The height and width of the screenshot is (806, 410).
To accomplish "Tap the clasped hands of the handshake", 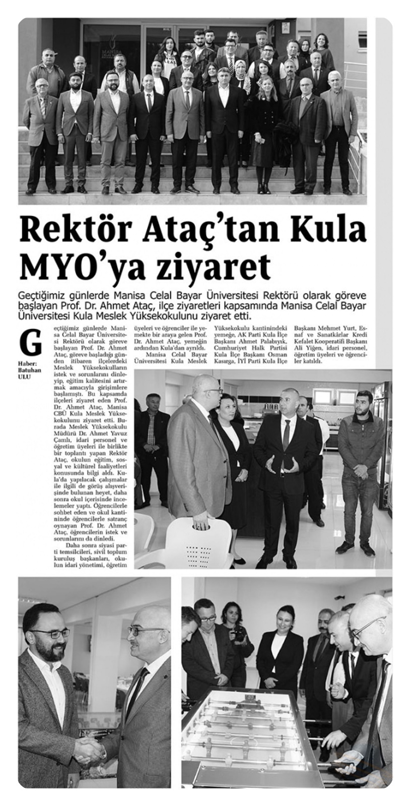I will [90, 752].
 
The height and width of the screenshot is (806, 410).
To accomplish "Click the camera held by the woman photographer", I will [237, 634].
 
